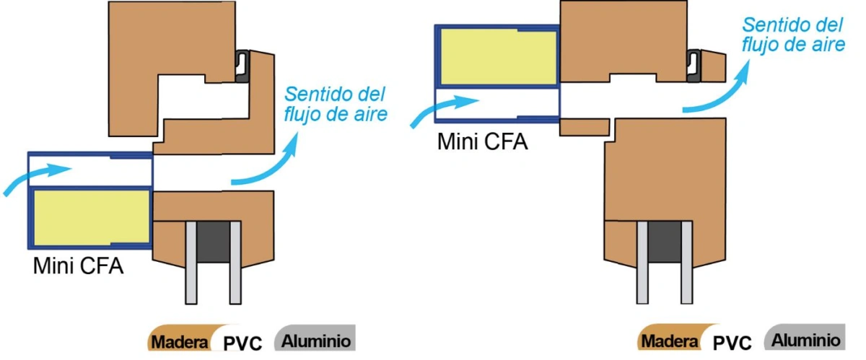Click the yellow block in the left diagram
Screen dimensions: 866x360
(92, 218)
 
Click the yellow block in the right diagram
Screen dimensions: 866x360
(499, 57)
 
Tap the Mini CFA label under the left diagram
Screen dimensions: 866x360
(78, 265)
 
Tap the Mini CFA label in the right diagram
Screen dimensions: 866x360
(482, 141)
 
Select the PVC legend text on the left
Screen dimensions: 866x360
(242, 342)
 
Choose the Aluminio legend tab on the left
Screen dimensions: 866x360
(315, 338)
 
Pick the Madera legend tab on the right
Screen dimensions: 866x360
(670, 338)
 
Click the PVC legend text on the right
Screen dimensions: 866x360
(732, 342)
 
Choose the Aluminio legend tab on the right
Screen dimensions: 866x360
(805, 337)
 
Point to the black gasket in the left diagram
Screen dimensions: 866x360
(242, 66)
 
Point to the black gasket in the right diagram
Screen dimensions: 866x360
(694, 66)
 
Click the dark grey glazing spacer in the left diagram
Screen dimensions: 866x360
(214, 242)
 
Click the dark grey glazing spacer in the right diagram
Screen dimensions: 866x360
(665, 242)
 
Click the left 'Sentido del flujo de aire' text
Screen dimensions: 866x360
(336, 104)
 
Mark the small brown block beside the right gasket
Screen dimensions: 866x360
(713, 66)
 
